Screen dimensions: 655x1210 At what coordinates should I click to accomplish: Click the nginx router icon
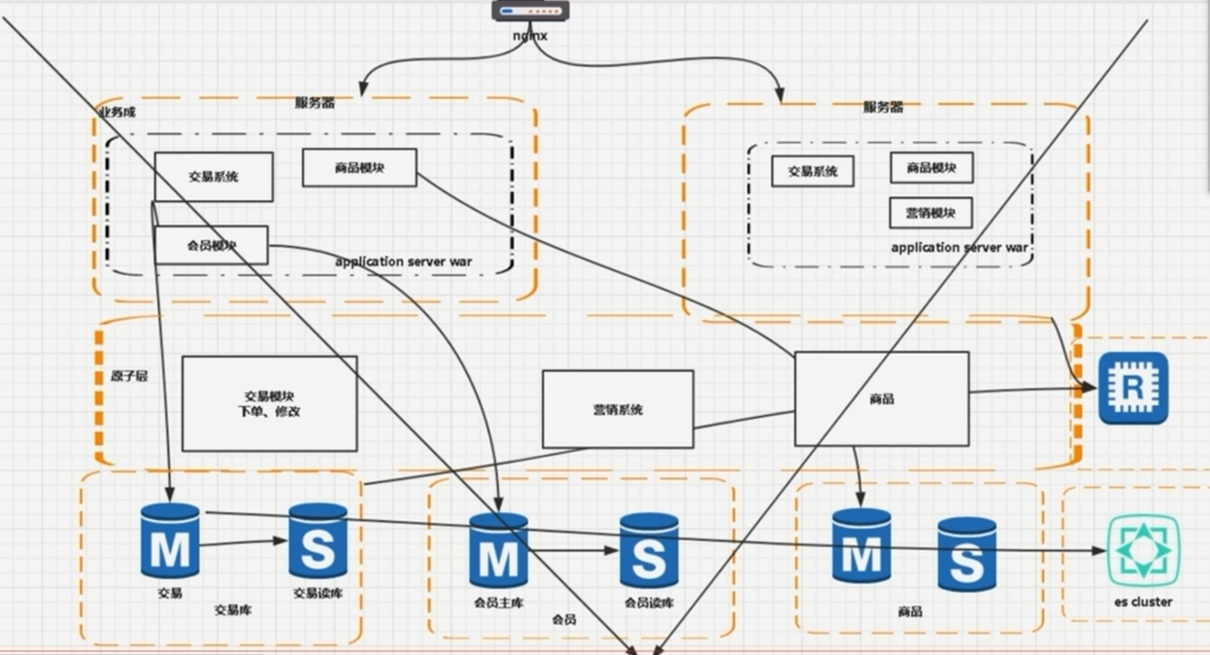529,12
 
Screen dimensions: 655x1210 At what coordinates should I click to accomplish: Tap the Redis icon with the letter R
1133,388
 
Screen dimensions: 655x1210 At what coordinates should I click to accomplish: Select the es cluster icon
1143,551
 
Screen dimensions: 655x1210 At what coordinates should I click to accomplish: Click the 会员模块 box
212,245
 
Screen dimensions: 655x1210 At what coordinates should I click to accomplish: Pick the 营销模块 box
931,213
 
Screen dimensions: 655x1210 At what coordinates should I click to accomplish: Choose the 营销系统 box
618,409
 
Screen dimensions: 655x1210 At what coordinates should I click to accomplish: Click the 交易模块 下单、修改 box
269,403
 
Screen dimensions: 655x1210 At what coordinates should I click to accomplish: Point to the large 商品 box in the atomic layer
881,398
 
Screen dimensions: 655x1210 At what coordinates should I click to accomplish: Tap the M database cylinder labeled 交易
170,543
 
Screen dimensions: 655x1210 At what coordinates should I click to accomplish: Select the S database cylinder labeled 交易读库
318,542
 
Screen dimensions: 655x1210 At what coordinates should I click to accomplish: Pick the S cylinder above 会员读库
649,552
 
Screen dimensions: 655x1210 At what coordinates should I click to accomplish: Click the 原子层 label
122,375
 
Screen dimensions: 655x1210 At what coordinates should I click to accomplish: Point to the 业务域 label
116,112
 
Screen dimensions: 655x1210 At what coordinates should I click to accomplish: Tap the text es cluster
1143,602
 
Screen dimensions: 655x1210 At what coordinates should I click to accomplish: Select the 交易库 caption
233,610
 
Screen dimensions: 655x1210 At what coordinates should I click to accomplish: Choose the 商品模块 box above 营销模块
931,168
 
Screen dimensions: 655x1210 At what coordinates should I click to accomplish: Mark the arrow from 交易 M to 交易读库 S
244,543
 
